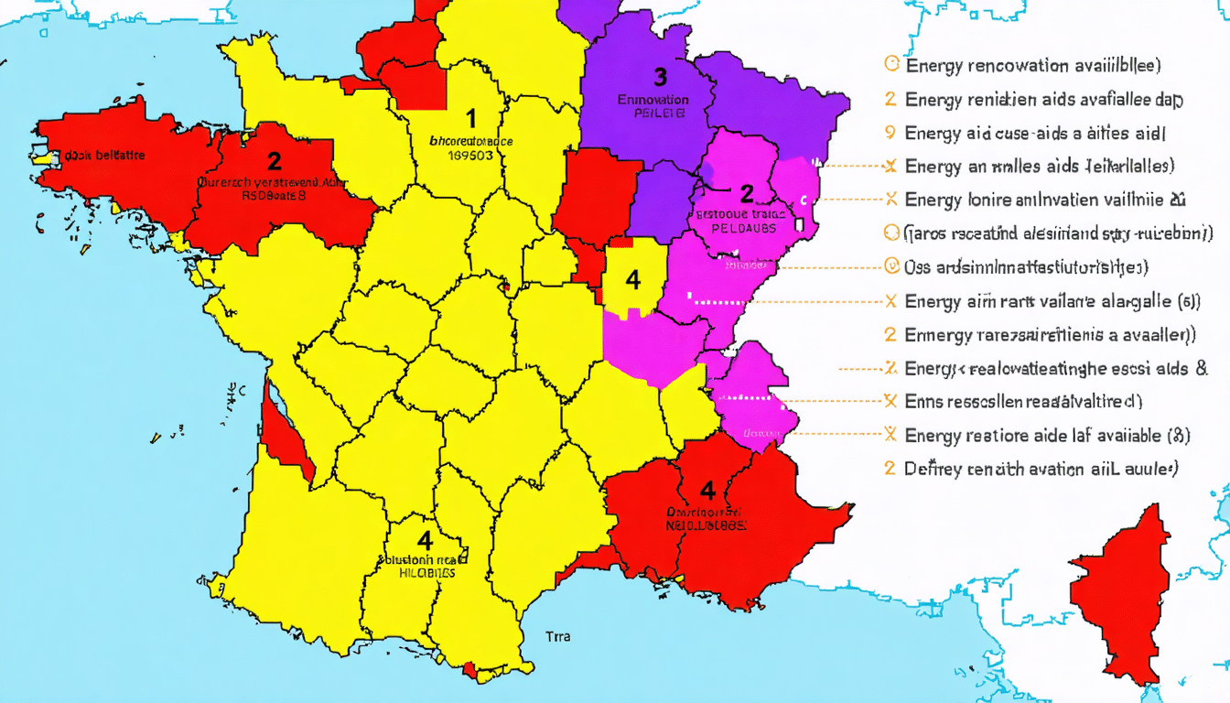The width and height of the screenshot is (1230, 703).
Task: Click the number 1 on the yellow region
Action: coord(471,118)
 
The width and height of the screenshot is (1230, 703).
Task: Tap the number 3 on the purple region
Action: coord(661,76)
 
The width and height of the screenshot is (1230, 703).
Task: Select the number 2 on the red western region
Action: coord(274,162)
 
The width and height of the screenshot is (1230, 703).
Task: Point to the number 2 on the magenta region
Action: coord(747,193)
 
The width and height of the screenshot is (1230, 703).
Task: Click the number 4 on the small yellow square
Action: coord(632,279)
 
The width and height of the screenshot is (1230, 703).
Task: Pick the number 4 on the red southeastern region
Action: coord(707,490)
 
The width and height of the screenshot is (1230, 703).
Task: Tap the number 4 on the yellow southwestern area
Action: coord(424,539)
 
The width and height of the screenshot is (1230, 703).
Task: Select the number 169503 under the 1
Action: coord(471,157)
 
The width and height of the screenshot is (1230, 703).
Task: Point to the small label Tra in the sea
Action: coord(557,636)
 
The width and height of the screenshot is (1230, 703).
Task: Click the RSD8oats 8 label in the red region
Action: coord(274,195)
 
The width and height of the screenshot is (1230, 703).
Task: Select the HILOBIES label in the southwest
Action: coord(426,572)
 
